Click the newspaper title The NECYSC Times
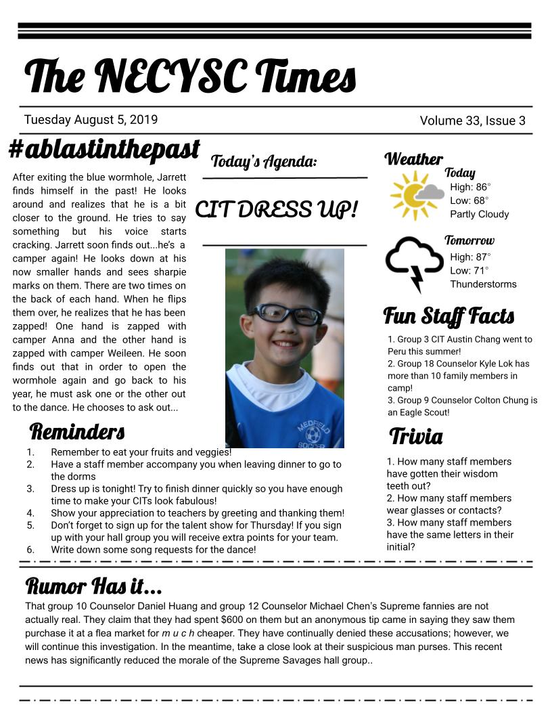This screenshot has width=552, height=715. pyautogui.click(x=190, y=76)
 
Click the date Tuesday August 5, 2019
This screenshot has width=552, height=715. pyautogui.click(x=91, y=120)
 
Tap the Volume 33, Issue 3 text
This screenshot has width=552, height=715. pyautogui.click(x=472, y=121)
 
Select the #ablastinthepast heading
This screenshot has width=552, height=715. pyautogui.click(x=104, y=149)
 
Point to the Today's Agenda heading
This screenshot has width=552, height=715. pyautogui.click(x=264, y=162)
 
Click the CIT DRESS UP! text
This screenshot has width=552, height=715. pyautogui.click(x=276, y=209)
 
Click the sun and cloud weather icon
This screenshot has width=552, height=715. pyautogui.click(x=416, y=195)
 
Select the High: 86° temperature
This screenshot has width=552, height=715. pyautogui.click(x=470, y=187)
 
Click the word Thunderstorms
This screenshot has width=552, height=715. pyautogui.click(x=483, y=284)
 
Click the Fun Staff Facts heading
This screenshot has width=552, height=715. pyautogui.click(x=448, y=316)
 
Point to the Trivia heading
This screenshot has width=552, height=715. pyautogui.click(x=416, y=437)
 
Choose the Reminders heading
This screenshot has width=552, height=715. pyautogui.click(x=77, y=431)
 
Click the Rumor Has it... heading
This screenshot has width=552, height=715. pyautogui.click(x=93, y=585)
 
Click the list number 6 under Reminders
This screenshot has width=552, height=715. pyautogui.click(x=30, y=550)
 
